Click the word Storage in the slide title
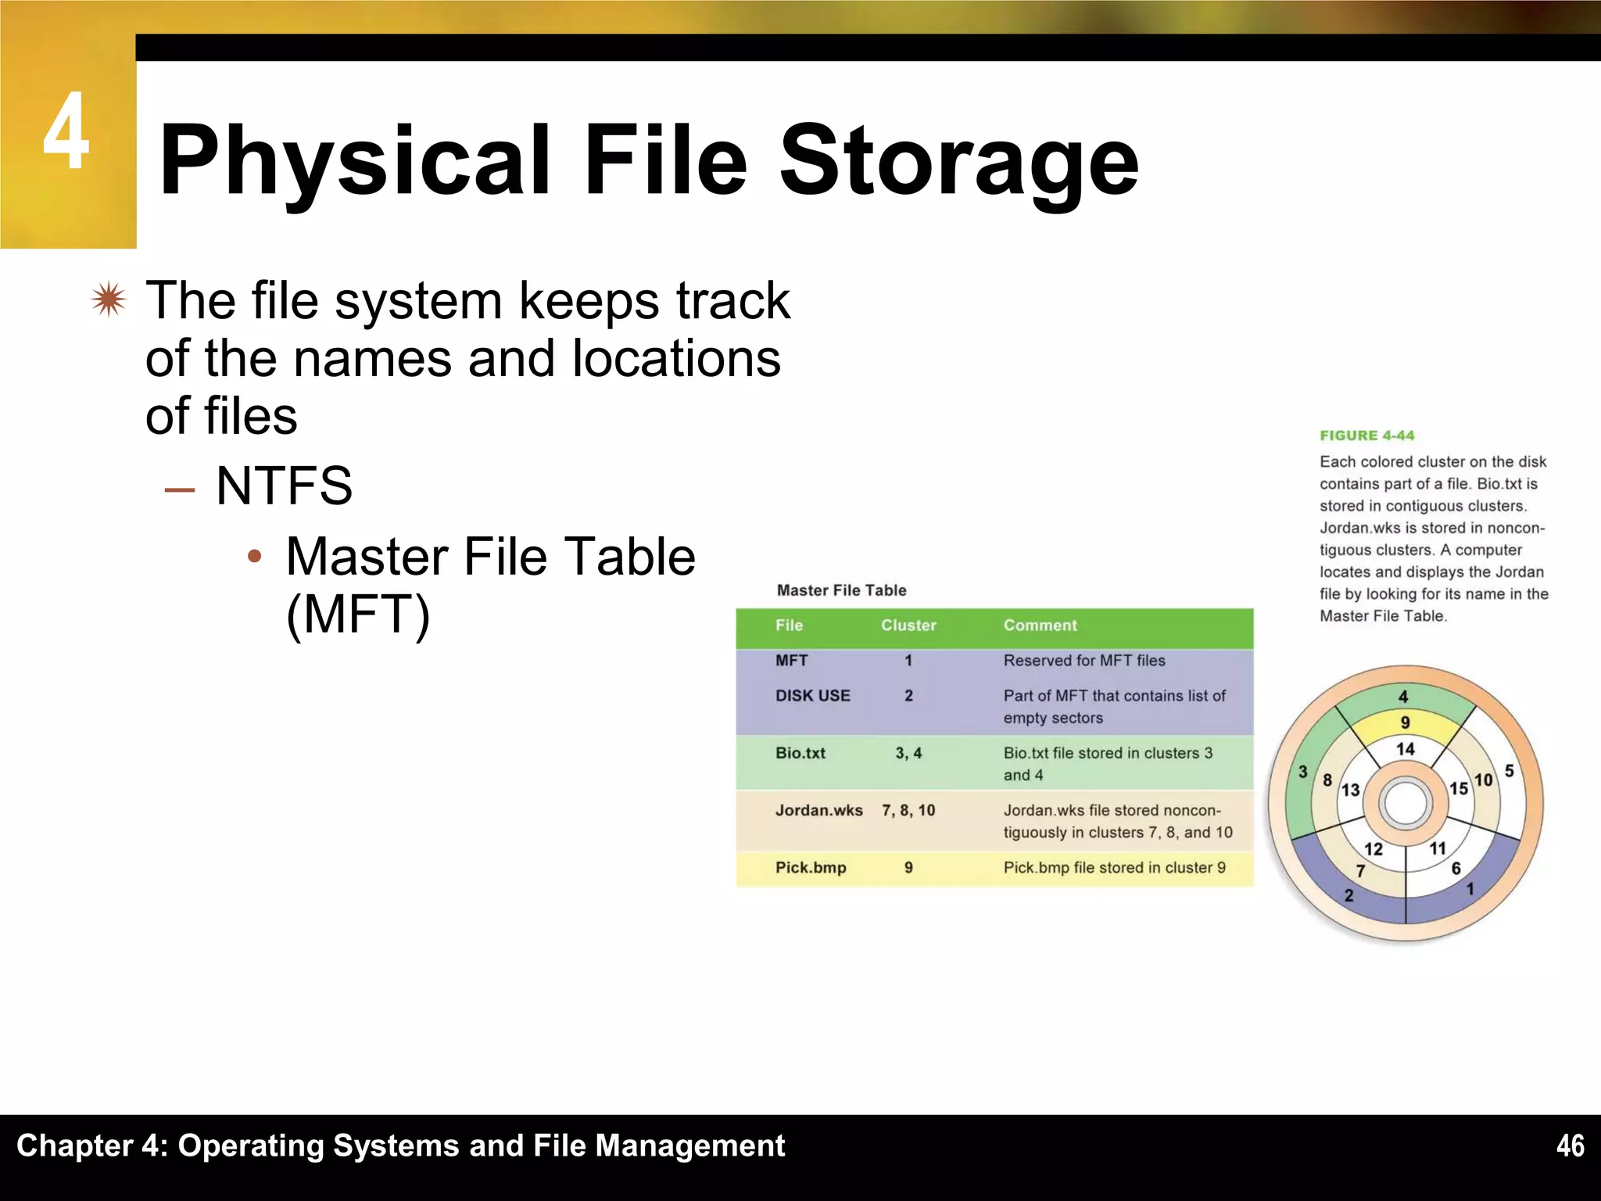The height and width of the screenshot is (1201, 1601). click(x=958, y=160)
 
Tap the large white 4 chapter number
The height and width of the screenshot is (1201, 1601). click(x=66, y=131)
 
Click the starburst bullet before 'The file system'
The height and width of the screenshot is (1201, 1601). click(x=108, y=299)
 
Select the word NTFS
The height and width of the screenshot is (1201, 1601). click(x=284, y=486)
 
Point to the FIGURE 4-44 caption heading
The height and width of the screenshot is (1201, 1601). click(x=1366, y=436)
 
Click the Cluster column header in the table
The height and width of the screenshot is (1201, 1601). click(x=908, y=626)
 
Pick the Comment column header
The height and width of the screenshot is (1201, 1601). click(x=1040, y=626)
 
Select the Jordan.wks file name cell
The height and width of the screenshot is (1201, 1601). click(x=818, y=811)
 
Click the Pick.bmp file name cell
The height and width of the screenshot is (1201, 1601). click(x=811, y=868)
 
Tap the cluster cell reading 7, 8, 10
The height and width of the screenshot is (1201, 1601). click(x=908, y=811)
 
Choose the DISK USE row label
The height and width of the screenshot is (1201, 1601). click(x=812, y=696)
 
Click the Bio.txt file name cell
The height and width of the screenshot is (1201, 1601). click(x=800, y=754)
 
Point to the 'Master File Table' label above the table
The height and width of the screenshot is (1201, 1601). click(x=841, y=590)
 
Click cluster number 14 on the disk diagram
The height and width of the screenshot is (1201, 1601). click(x=1406, y=749)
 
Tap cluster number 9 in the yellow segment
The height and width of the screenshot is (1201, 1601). click(x=1405, y=722)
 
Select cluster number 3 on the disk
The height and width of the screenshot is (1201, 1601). click(x=1302, y=773)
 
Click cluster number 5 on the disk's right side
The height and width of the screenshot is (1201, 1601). click(x=1509, y=771)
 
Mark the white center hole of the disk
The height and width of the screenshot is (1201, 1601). click(x=1405, y=803)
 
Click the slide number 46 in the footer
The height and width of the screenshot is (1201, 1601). click(x=1570, y=1145)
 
